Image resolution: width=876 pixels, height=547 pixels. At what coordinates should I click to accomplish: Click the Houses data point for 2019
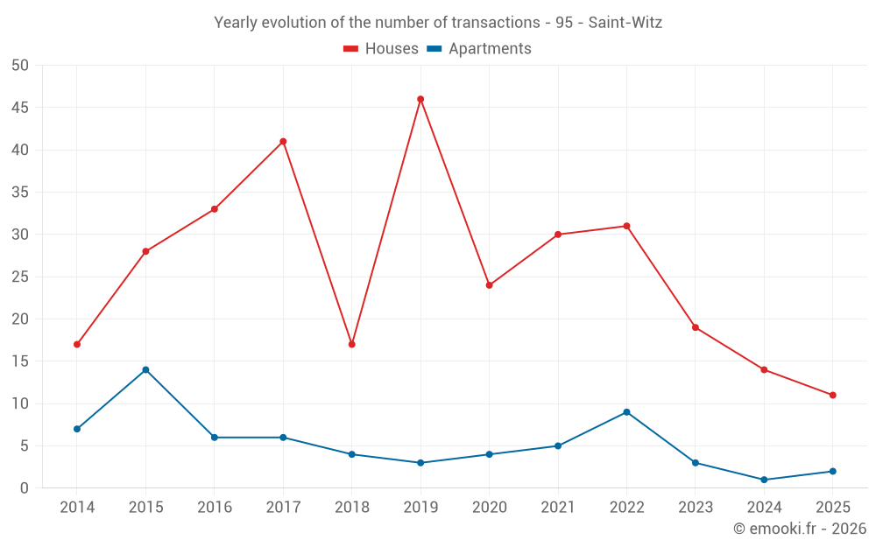point(420,99)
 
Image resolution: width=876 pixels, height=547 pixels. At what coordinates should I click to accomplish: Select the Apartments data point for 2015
point(145,369)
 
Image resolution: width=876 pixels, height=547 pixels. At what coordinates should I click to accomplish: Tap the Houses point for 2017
point(283,141)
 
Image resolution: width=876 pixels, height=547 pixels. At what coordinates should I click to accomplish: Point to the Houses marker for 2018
point(351,344)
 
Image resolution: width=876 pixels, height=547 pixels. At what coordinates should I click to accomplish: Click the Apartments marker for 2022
point(626,412)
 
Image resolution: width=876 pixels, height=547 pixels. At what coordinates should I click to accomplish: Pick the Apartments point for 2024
point(764,480)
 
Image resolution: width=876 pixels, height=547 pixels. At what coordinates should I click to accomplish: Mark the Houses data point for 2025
point(832,395)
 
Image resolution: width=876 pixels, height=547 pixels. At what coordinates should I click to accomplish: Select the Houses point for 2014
point(77,344)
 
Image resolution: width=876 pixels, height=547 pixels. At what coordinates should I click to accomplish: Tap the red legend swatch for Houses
point(351,49)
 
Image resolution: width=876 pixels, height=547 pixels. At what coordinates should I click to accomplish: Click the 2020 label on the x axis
point(489,508)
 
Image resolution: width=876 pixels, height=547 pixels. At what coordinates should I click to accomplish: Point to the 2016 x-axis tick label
point(214,508)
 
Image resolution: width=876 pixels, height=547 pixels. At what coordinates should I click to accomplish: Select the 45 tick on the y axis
point(20,108)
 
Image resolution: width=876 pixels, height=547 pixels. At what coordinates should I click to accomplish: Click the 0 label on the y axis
point(25,488)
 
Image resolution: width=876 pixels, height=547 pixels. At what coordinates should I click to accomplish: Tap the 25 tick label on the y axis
point(20,277)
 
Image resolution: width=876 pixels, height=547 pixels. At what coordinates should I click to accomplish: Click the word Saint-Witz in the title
point(625,23)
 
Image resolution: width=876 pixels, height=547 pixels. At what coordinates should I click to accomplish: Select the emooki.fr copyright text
point(799,529)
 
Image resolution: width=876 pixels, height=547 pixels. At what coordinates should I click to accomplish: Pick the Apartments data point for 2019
point(420,463)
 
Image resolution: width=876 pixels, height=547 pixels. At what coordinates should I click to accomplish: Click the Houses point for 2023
point(695,327)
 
